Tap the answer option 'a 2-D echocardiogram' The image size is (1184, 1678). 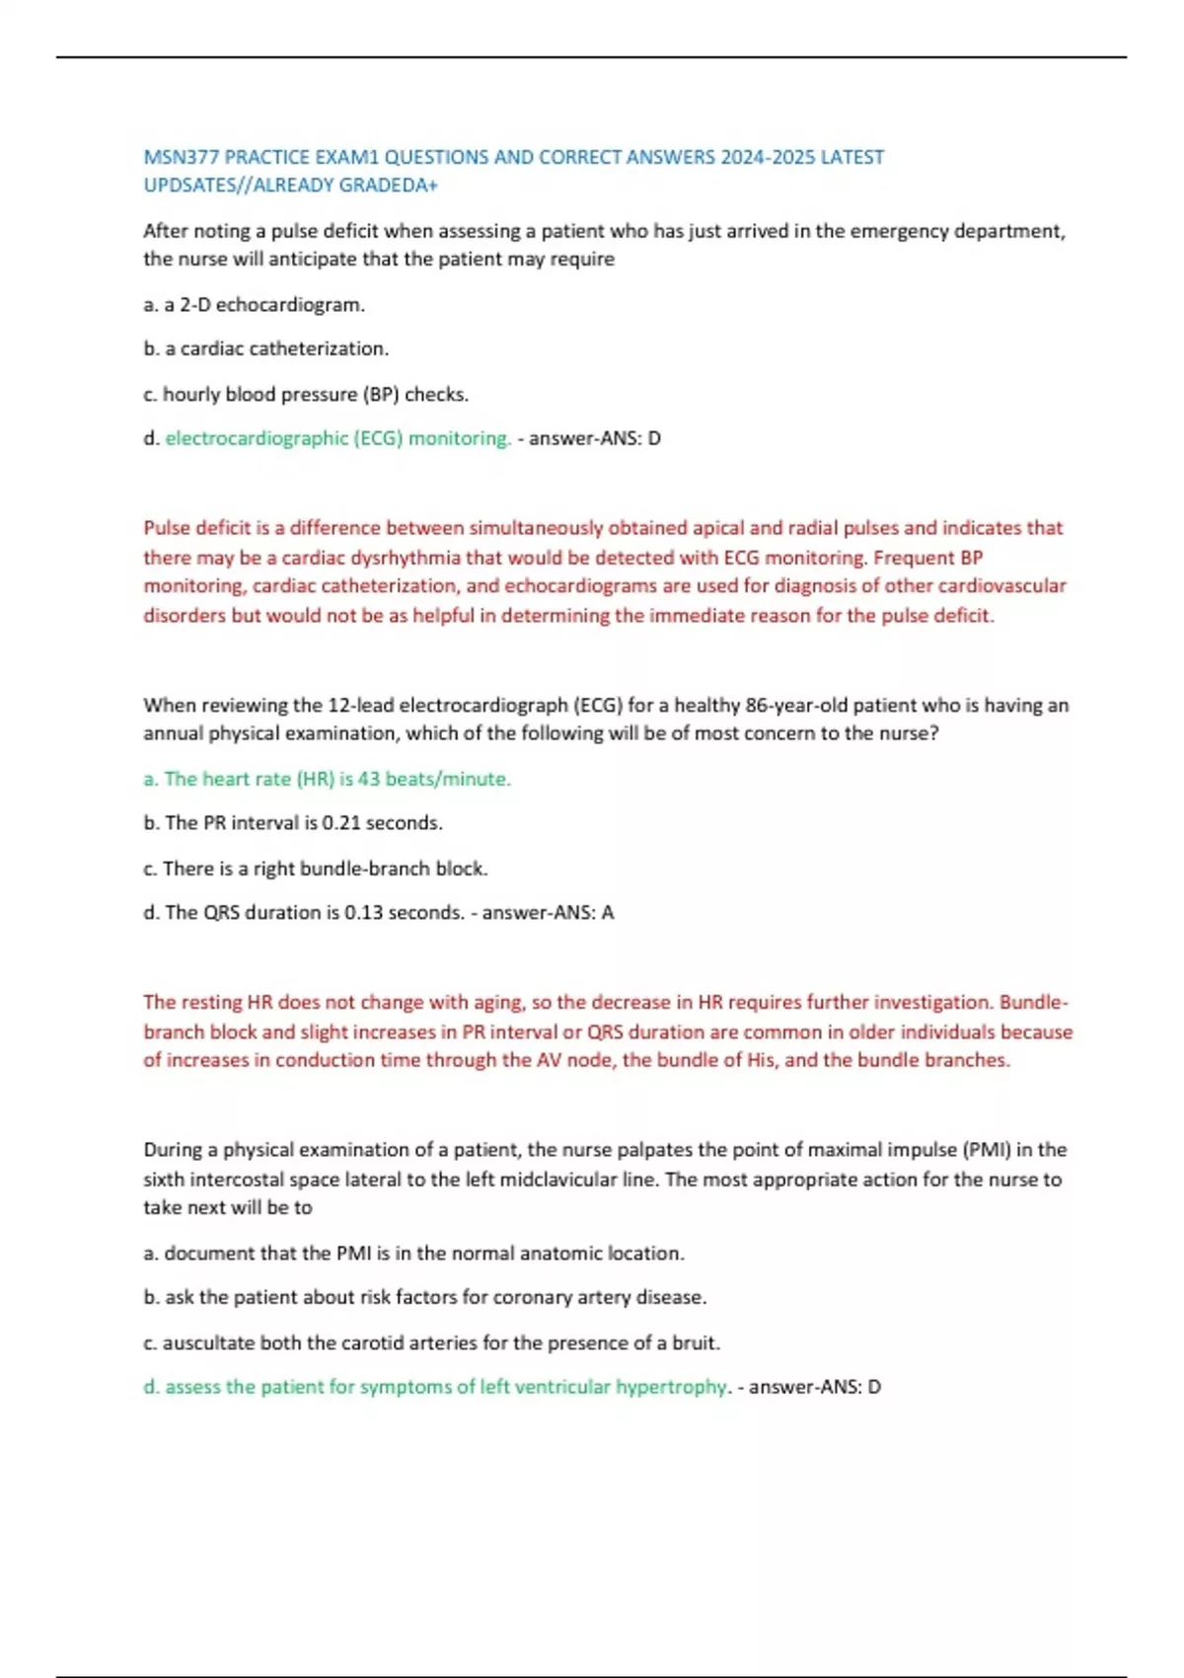pyautogui.click(x=255, y=305)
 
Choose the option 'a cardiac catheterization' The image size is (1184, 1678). pyautogui.click(x=266, y=348)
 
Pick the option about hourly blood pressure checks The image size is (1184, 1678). pyautogui.click(x=306, y=394)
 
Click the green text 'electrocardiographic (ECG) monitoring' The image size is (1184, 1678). pyautogui.click(x=337, y=438)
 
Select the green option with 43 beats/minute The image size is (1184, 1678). pyautogui.click(x=328, y=779)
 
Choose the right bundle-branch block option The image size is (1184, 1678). pyautogui.click(x=316, y=869)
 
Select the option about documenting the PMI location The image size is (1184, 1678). pyautogui.click(x=414, y=1254)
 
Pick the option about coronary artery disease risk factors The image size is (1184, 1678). pyautogui.click(x=425, y=1297)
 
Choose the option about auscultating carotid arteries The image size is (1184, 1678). pyautogui.click(x=432, y=1343)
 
